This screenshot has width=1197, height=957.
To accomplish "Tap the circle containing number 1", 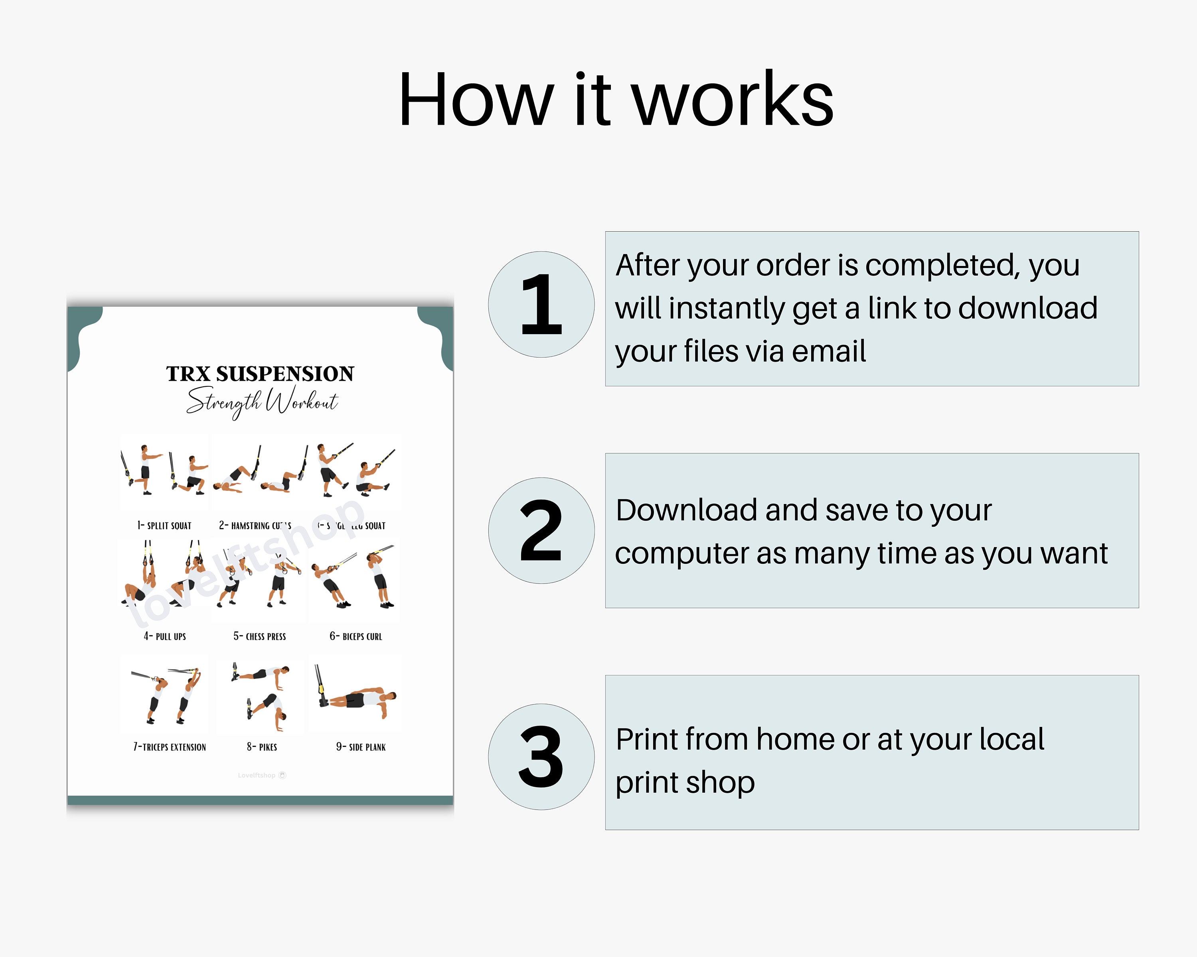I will [x=541, y=305].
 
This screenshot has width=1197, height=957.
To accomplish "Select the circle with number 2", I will [x=541, y=530].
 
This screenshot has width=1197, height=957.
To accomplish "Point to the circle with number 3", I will [x=541, y=757].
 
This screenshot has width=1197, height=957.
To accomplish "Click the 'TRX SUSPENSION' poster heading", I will [x=260, y=374].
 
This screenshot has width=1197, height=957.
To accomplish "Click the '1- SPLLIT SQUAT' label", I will [x=164, y=526].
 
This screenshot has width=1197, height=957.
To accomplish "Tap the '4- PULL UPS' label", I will [x=165, y=636].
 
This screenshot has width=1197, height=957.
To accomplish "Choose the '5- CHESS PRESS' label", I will [x=260, y=636].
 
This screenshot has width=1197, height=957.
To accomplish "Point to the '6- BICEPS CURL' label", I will [x=356, y=636].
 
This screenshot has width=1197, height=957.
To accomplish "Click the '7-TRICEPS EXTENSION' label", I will [x=169, y=747].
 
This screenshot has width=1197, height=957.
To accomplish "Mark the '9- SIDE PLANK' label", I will [x=361, y=747].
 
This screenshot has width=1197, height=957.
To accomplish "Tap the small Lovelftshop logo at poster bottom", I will [x=261, y=775].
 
